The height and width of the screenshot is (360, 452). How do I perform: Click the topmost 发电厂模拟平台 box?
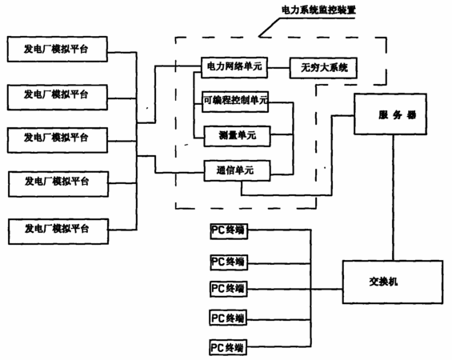click(x=58, y=49)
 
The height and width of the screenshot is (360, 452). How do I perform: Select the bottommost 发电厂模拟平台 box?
click(x=58, y=232)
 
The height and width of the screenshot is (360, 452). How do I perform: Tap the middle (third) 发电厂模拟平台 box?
click(x=58, y=140)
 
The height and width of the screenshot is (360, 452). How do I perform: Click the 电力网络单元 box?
click(x=234, y=68)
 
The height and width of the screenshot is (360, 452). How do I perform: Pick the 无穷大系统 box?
click(x=323, y=68)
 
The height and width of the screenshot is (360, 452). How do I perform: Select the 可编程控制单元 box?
click(x=235, y=102)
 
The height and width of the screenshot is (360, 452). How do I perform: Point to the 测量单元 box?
click(x=238, y=136)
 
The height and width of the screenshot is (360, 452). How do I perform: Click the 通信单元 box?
click(x=238, y=171)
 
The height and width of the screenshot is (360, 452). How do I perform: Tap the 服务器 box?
click(x=390, y=114)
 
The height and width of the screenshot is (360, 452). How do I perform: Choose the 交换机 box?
click(x=393, y=282)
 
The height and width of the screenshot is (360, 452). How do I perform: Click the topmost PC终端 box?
click(x=229, y=231)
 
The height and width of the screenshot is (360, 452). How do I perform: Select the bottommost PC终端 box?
click(x=228, y=348)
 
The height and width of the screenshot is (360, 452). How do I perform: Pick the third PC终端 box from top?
click(x=229, y=289)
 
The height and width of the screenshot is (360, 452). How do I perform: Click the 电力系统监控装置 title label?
click(x=318, y=10)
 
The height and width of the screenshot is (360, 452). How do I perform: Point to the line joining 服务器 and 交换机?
click(x=393, y=198)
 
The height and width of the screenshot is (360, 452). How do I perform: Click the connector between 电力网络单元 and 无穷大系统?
click(x=278, y=68)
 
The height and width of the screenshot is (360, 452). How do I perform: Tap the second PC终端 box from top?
click(x=229, y=262)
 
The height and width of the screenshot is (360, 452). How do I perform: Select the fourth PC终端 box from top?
click(x=228, y=318)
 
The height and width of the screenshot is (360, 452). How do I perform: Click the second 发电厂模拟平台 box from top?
click(x=58, y=98)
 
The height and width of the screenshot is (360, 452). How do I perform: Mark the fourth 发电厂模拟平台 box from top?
click(x=58, y=184)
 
